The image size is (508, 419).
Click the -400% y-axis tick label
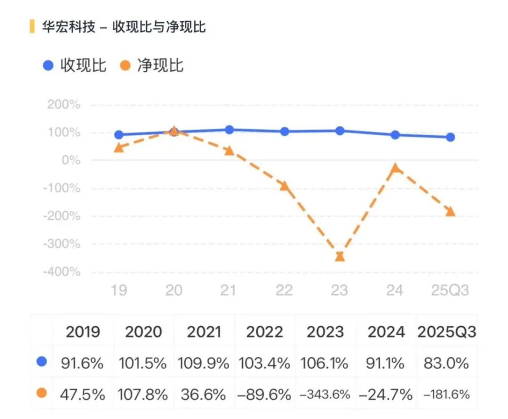tap(61, 272)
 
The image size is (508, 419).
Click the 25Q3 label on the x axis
tap(450, 290)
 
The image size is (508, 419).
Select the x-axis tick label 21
tap(229, 290)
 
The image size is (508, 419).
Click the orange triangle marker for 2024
tap(395, 168)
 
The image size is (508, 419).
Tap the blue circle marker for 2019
tap(119, 135)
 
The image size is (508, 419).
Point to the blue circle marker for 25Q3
tap(450, 137)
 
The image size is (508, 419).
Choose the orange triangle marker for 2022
tap(284, 185)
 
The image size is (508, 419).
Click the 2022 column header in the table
tap(264, 332)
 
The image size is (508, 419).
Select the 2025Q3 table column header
tap(446, 332)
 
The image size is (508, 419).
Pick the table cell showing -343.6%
tap(325, 395)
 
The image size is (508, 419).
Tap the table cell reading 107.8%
tap(143, 395)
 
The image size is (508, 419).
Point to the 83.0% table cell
tap(446, 363)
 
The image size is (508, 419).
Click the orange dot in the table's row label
tap(42, 393)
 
